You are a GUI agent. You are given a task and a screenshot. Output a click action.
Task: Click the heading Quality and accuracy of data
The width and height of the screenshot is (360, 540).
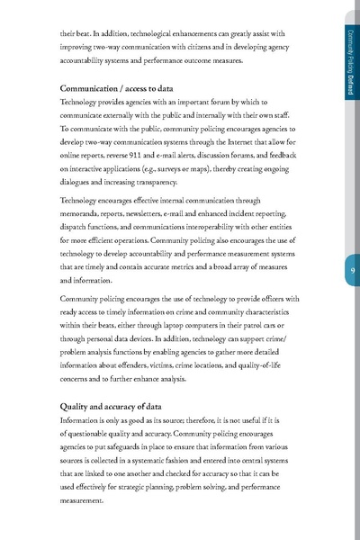point(112,406)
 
